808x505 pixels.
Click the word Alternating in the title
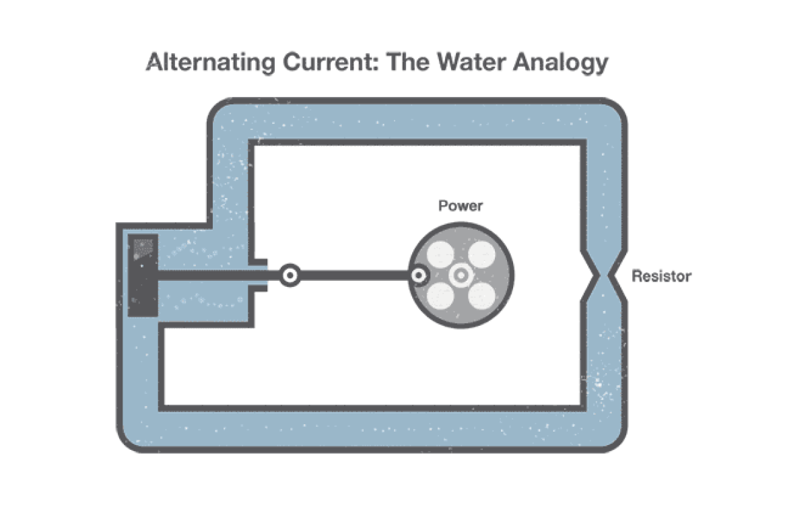click(x=211, y=63)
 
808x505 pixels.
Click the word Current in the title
click(x=331, y=62)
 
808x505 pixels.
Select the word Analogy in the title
click(x=560, y=63)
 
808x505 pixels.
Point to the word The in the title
click(x=408, y=62)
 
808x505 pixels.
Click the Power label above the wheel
click(x=461, y=206)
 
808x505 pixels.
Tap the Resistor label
click(x=661, y=276)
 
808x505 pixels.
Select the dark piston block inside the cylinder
click(x=143, y=275)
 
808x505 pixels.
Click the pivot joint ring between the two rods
click(x=290, y=275)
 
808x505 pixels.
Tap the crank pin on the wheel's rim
click(x=418, y=275)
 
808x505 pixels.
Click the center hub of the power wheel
click(x=461, y=275)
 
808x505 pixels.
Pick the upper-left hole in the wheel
click(x=440, y=255)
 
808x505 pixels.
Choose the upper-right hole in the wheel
click(x=481, y=255)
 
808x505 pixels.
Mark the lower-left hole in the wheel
click(x=440, y=296)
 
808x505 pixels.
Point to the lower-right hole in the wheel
click(x=481, y=296)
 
